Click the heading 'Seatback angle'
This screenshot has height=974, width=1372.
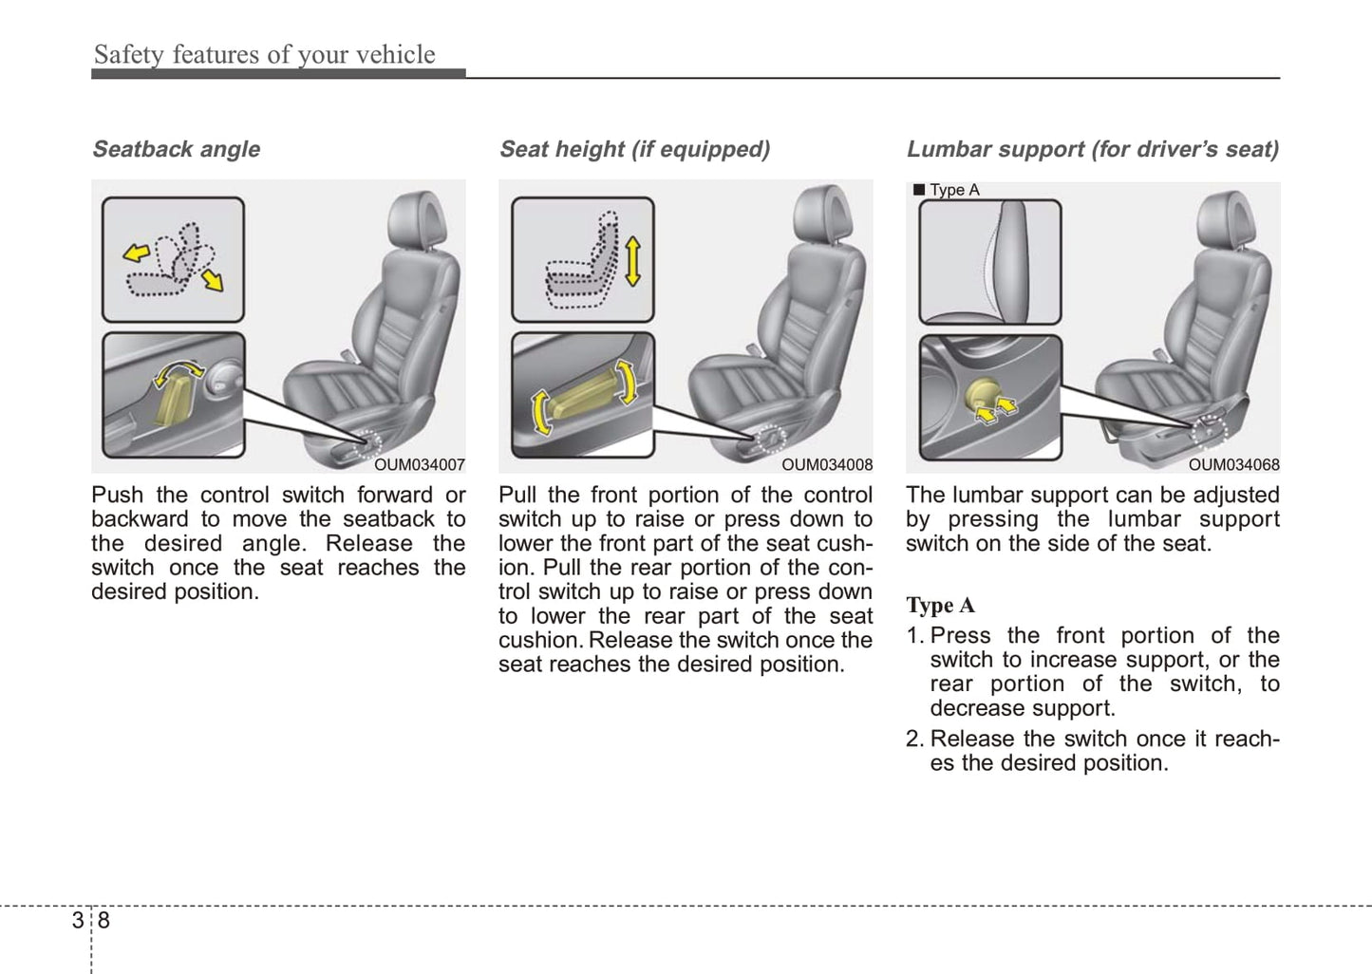(176, 149)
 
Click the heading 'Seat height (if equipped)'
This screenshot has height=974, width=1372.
(634, 149)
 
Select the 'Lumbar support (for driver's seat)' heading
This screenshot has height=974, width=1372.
(1092, 149)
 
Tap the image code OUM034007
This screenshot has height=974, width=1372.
(419, 465)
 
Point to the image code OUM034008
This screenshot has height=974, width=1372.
(826, 465)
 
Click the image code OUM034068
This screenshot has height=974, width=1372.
(1233, 465)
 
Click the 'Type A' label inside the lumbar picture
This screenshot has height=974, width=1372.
(953, 190)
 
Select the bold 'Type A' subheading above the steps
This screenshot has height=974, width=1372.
(940, 606)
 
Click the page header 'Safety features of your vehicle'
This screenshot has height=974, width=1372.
(264, 54)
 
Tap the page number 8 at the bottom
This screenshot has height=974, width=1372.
(103, 920)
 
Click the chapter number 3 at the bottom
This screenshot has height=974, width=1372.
(77, 920)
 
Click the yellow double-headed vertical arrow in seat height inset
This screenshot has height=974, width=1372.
(632, 261)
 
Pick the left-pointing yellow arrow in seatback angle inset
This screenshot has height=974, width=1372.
(137, 253)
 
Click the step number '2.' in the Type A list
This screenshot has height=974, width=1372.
(915, 740)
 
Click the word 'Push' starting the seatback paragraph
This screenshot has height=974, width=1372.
(117, 496)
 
